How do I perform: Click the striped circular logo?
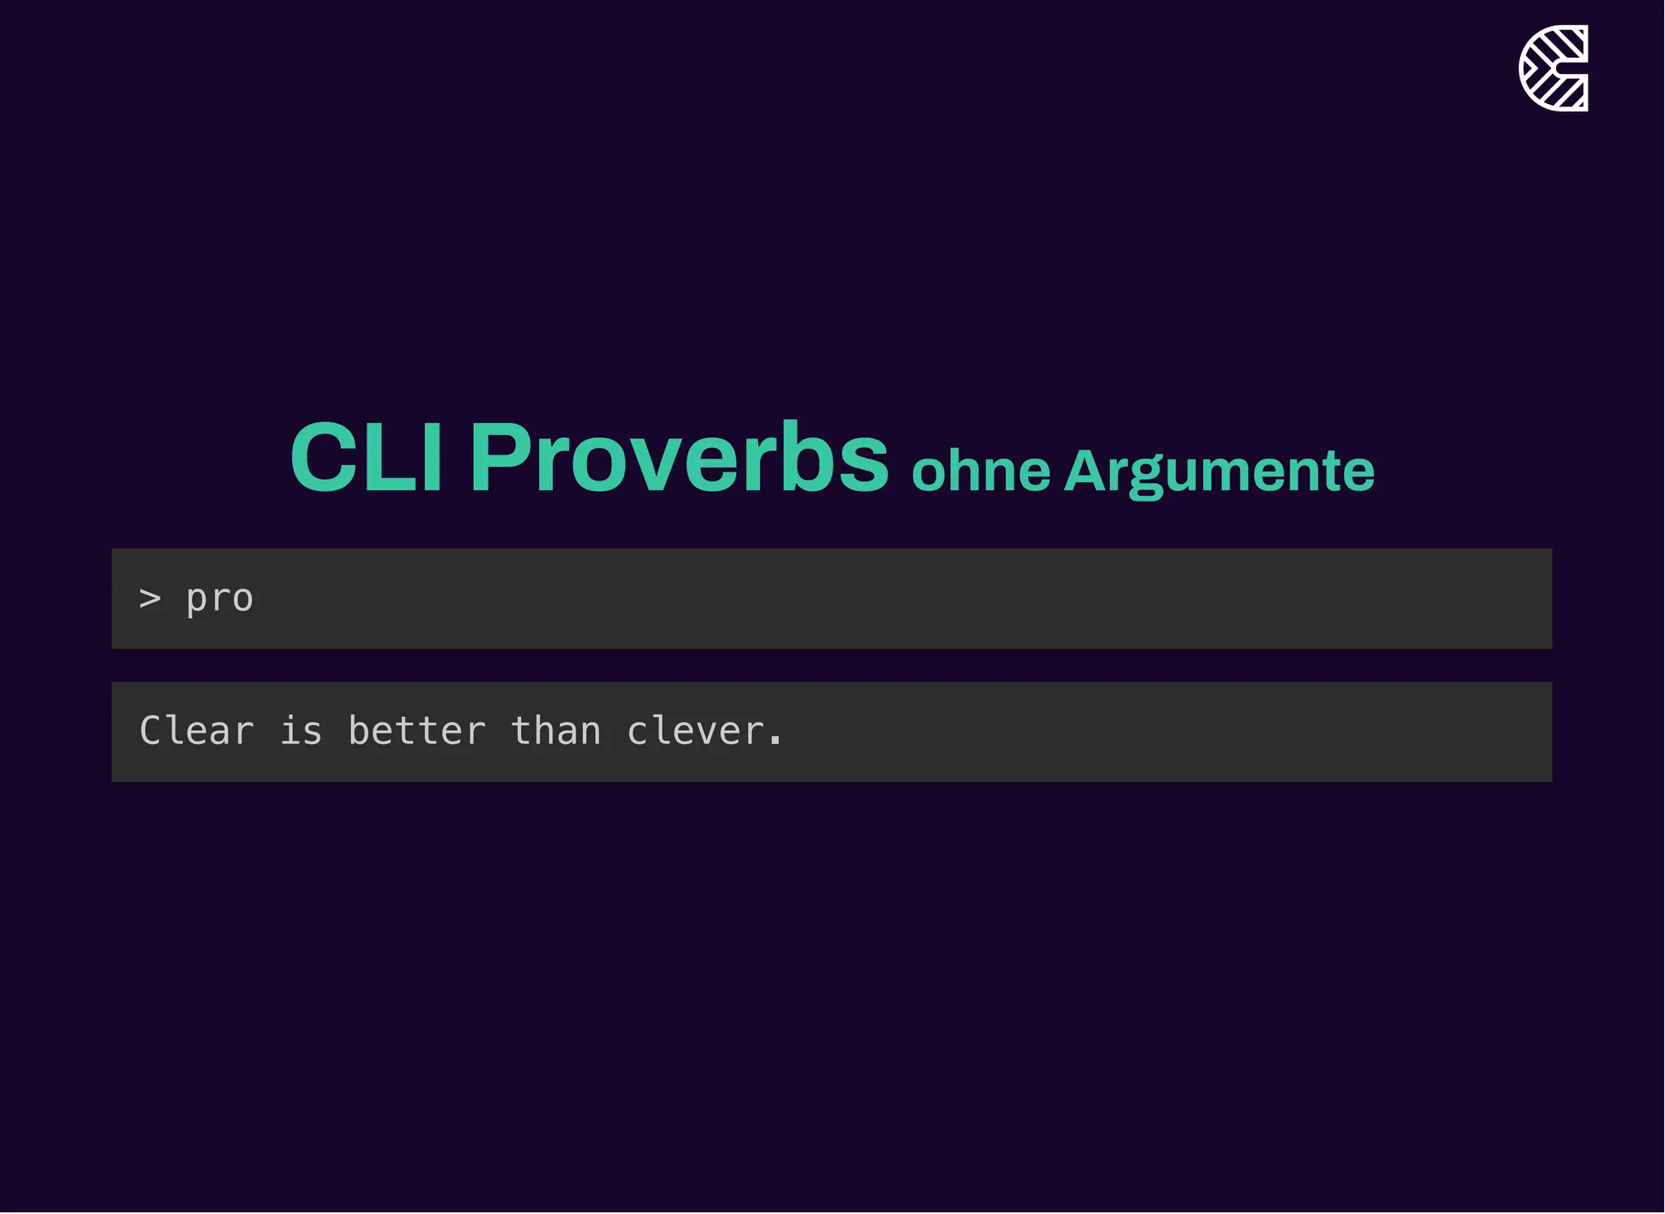click(1553, 68)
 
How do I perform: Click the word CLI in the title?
click(366, 457)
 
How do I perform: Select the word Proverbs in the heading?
click(679, 457)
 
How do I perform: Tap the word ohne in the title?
click(980, 472)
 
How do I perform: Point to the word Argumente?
click(1219, 472)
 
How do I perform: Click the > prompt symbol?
click(150, 599)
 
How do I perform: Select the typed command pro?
click(220, 599)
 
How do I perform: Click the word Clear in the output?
click(197, 731)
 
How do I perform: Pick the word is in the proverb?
click(301, 731)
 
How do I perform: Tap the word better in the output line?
click(417, 731)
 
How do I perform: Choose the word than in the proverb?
click(556, 731)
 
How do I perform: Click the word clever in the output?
click(695, 731)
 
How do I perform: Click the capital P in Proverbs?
click(498, 457)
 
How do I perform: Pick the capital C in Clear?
click(152, 731)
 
